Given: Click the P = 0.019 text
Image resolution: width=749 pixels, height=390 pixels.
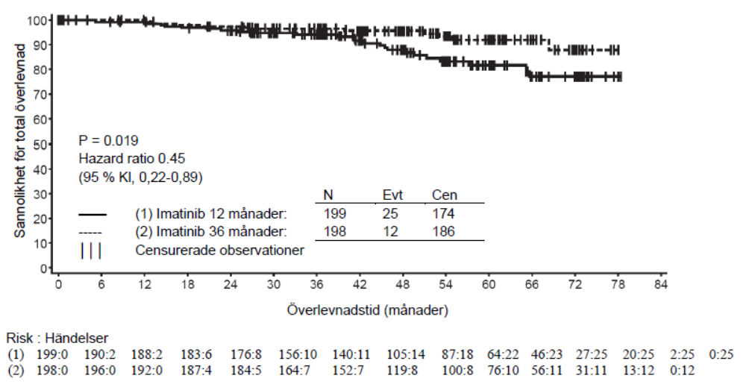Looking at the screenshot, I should [x=108, y=139].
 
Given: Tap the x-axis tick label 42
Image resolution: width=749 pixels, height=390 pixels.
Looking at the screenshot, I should [x=360, y=285].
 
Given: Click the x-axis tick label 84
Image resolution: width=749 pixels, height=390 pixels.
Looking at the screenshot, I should [x=659, y=285].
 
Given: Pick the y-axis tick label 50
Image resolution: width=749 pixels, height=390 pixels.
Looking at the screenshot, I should [x=45, y=144].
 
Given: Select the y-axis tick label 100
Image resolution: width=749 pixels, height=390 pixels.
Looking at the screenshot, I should [x=42, y=20].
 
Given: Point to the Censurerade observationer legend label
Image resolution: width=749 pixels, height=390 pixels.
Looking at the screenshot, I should [x=219, y=250].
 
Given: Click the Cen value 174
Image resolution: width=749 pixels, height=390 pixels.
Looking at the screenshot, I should [x=443, y=214].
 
